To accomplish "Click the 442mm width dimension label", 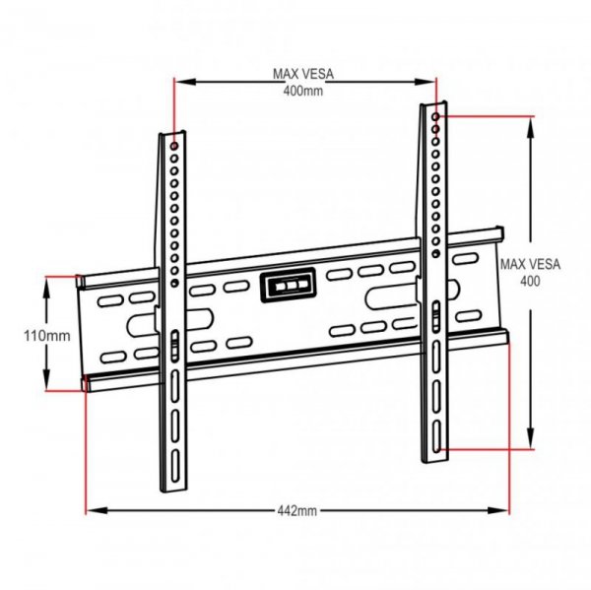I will click(x=296, y=511).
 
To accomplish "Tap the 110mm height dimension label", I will click(x=46, y=335).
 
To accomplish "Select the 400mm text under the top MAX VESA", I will click(x=303, y=90).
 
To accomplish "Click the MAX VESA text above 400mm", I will click(x=303, y=73).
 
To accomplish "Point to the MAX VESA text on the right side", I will click(x=530, y=264).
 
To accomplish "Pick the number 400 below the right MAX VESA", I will click(x=530, y=280).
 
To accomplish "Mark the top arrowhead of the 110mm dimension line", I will click(x=46, y=280).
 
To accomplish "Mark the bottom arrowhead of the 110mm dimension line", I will click(x=46, y=388).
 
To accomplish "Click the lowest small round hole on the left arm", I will click(x=174, y=283).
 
